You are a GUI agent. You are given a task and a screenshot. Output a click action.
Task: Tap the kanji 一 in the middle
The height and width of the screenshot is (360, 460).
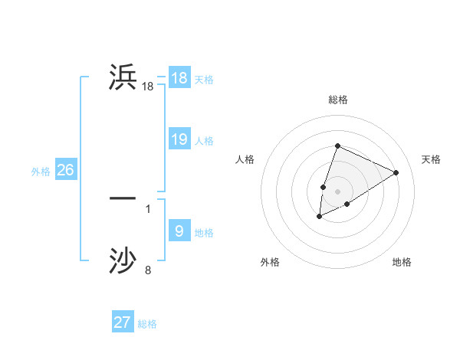123,198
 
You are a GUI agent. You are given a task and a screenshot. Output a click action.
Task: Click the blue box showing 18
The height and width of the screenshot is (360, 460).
179,77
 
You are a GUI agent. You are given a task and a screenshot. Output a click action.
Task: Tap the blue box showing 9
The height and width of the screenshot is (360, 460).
179,231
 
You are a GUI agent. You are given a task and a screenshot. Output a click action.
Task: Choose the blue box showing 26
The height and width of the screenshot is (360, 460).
65,169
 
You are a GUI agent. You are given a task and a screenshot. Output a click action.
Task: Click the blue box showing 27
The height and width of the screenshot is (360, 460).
123,322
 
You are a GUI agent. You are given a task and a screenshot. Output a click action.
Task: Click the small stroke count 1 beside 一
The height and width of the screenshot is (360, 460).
148,208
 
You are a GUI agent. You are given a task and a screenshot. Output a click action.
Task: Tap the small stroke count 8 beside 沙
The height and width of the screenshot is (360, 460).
148,270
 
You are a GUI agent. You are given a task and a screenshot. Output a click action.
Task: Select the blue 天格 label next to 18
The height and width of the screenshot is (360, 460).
204,80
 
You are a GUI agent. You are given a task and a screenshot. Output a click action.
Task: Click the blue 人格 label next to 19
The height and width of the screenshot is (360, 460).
204,141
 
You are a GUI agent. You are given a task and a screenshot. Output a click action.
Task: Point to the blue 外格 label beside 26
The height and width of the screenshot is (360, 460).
41,172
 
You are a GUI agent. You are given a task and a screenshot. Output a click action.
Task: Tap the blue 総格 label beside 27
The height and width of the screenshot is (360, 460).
147,325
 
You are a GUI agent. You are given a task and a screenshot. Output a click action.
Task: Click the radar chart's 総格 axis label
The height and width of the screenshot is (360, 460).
338,100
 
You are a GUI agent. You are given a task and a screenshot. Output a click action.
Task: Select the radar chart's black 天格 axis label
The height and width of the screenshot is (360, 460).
432,159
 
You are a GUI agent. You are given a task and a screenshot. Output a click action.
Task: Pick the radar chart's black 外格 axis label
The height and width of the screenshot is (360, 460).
270,262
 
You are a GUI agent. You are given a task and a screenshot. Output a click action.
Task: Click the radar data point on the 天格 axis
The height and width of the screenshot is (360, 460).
396,172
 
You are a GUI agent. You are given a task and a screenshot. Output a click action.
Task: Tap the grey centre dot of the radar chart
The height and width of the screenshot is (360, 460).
338,191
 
